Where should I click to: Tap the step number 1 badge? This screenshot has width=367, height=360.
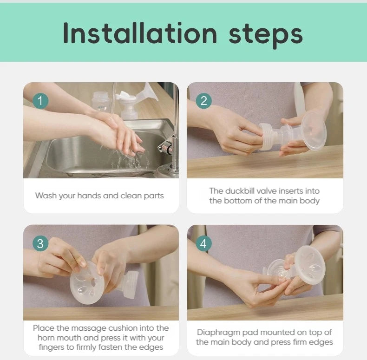click(40, 100)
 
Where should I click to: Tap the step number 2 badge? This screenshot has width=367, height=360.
click(204, 100)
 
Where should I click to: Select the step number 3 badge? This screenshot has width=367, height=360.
click(40, 243)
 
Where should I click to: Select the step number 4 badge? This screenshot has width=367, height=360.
click(204, 243)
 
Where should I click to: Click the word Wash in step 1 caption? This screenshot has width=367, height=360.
click(45, 196)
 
